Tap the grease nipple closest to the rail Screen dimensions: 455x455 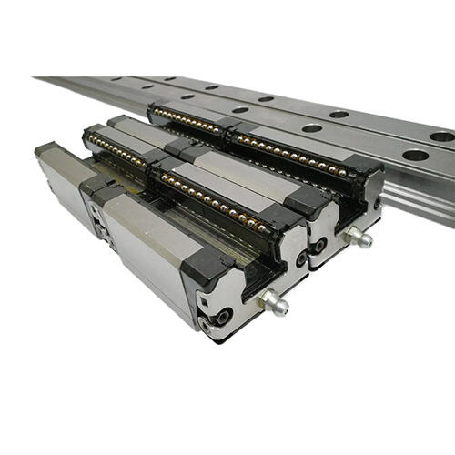(x=358, y=239)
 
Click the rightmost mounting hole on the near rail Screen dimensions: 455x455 (x=415, y=155)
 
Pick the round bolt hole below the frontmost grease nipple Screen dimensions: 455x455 (x=222, y=318)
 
